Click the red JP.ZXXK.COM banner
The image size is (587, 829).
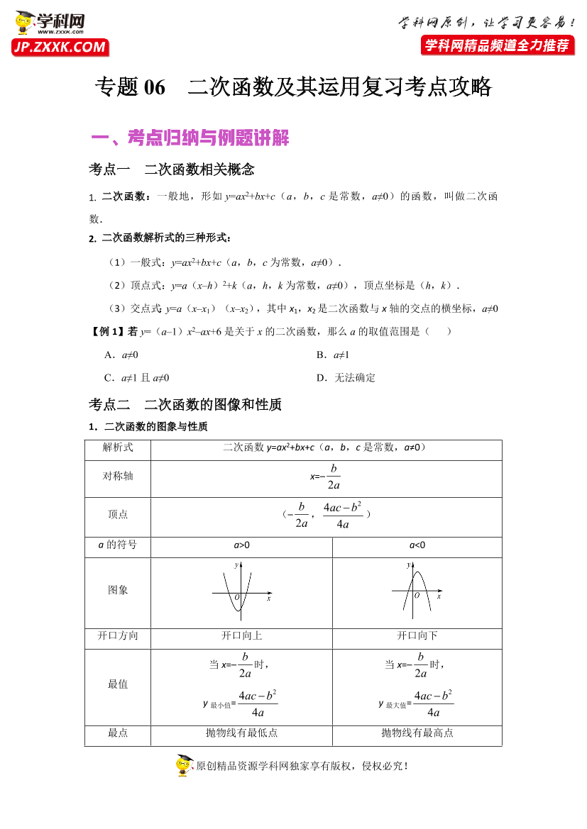59,48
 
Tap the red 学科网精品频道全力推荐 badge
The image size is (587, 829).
497,46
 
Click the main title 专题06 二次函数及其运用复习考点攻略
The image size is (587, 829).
293,87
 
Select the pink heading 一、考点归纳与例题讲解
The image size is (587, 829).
191,138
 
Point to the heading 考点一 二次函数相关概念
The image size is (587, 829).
171,169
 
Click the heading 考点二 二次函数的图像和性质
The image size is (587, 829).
185,405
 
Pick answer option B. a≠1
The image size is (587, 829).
333,355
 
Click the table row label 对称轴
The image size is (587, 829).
118,476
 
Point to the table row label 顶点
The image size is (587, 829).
118,514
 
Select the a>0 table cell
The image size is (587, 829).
241,545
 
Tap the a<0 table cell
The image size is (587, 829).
417,545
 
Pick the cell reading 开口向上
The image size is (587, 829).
241,636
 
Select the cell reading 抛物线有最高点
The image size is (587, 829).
417,733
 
